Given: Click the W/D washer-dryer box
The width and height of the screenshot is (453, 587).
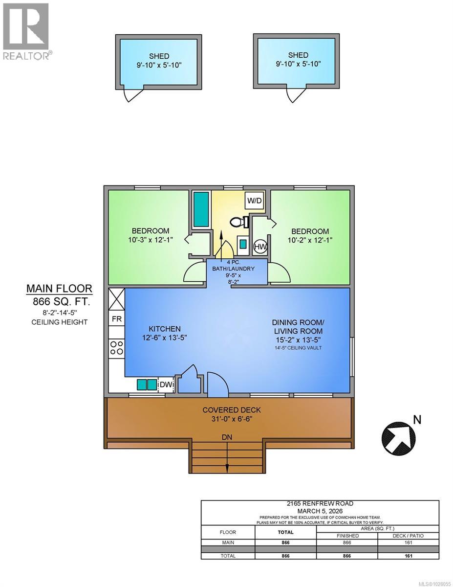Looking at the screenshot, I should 255,201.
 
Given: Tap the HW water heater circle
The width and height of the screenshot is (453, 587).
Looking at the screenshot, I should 260,247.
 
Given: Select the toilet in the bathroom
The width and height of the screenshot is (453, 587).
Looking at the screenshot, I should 237,223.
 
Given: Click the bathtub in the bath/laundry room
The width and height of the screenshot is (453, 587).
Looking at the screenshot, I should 201,209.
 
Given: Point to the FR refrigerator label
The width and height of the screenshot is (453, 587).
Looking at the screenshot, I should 116,318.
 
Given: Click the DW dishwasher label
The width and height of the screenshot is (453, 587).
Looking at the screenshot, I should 166,385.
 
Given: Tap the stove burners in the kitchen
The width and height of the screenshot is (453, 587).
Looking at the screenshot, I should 117,348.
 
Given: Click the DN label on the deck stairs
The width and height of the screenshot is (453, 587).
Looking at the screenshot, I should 227,436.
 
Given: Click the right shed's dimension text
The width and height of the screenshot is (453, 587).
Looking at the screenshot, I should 298,64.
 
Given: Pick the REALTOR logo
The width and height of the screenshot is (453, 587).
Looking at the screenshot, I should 26,31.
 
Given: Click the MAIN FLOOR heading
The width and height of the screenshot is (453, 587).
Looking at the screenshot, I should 59,289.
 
